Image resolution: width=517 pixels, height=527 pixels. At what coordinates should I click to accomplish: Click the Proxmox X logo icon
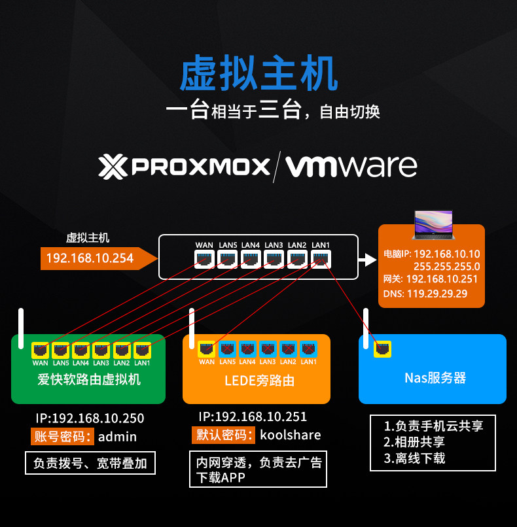pyautogui.click(x=113, y=167)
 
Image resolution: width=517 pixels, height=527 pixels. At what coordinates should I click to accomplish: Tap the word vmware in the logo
pyautogui.click(x=351, y=166)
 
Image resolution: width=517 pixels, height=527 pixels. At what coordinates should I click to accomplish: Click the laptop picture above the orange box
pyautogui.click(x=434, y=225)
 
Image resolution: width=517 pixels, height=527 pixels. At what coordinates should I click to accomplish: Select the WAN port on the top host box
pyautogui.click(x=204, y=259)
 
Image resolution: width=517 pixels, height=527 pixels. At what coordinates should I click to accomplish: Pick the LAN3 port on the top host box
pyautogui.click(x=274, y=259)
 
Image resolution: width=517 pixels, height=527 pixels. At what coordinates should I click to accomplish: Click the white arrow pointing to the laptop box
pyautogui.click(x=367, y=260)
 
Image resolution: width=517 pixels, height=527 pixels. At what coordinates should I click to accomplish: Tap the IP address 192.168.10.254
pyautogui.click(x=90, y=258)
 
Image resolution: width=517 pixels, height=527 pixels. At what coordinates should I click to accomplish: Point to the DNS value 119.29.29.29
pyautogui.click(x=437, y=294)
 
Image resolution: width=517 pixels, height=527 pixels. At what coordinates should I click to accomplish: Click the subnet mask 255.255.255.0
pyautogui.click(x=447, y=266)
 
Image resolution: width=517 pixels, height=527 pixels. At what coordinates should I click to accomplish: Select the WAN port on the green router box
pyautogui.click(x=41, y=350)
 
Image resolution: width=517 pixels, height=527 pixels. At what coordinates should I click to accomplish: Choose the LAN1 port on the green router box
pyautogui.click(x=142, y=350)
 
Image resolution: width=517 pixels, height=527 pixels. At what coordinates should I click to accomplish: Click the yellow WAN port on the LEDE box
pyautogui.click(x=207, y=349)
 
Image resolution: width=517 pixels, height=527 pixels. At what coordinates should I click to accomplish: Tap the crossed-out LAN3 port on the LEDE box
pyautogui.click(x=268, y=349)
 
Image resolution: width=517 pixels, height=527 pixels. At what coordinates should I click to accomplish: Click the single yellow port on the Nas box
pyautogui.click(x=382, y=349)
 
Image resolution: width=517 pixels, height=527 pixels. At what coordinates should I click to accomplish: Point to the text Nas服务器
pyautogui.click(x=435, y=378)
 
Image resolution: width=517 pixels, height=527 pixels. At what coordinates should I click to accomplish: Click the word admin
pyautogui.click(x=117, y=437)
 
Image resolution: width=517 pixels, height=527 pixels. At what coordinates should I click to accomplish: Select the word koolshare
pyautogui.click(x=291, y=435)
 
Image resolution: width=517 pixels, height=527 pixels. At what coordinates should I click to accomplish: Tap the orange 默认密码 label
pyautogui.click(x=224, y=435)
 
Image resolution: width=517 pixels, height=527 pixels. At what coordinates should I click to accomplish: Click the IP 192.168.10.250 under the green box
pyautogui.click(x=90, y=418)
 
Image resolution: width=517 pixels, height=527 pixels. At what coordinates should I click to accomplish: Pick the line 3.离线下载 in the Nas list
pyautogui.click(x=414, y=458)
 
